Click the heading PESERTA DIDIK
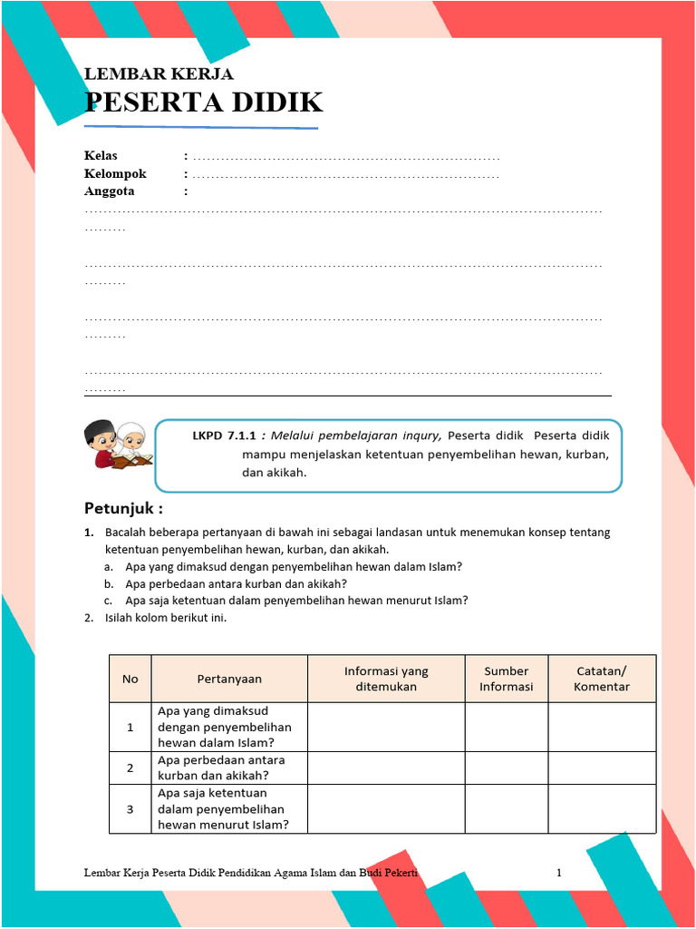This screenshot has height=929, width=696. (x=203, y=103)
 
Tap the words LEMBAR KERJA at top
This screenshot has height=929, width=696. (x=159, y=74)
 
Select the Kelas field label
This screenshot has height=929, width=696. (x=101, y=156)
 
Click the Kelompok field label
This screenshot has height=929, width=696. (x=115, y=173)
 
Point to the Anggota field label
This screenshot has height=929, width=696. (x=110, y=191)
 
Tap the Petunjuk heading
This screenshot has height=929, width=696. (x=123, y=507)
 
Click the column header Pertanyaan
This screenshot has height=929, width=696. (x=229, y=679)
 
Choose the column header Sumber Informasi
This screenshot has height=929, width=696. (x=506, y=679)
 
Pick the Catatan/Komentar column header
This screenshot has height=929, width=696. (x=601, y=679)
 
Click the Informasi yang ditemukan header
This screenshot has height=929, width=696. (x=386, y=679)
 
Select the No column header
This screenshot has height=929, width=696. (x=130, y=679)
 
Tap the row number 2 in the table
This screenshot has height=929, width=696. (x=130, y=768)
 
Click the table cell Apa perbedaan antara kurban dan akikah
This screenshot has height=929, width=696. (x=221, y=768)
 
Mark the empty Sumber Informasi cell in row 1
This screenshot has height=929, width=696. (x=506, y=727)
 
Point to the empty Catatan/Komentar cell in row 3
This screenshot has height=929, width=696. (x=601, y=808)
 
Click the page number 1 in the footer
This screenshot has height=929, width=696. (x=559, y=873)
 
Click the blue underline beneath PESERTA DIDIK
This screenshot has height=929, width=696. (x=201, y=127)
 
